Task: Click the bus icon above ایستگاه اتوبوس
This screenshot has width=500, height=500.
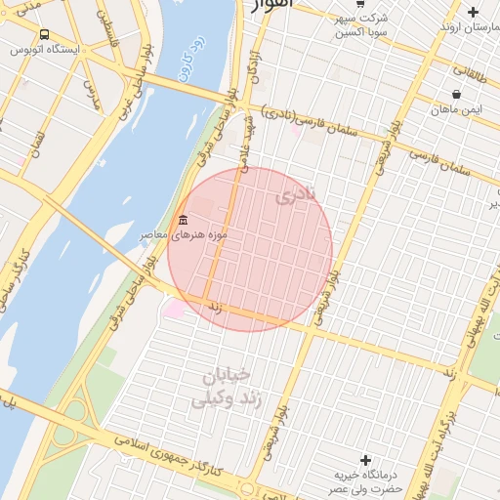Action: pos(45,35)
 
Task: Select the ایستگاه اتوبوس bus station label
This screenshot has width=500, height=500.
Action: pos(45,51)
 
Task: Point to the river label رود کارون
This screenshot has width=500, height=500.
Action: pos(186,61)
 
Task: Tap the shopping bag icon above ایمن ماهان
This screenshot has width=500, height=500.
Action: pos(457,95)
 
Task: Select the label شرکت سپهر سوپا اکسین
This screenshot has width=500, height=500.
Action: pos(361,25)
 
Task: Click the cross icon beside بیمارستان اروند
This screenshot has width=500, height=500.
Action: pos(474,12)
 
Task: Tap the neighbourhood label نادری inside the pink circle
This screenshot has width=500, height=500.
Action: pos(297,195)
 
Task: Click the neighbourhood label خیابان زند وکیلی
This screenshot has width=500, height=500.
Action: pos(225,388)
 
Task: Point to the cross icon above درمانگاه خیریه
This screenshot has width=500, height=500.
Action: pos(366,459)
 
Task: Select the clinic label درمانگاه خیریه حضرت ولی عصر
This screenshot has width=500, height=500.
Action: pos(365,480)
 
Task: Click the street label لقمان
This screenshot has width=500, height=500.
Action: pos(39,146)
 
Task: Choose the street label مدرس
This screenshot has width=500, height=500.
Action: pos(92,93)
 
